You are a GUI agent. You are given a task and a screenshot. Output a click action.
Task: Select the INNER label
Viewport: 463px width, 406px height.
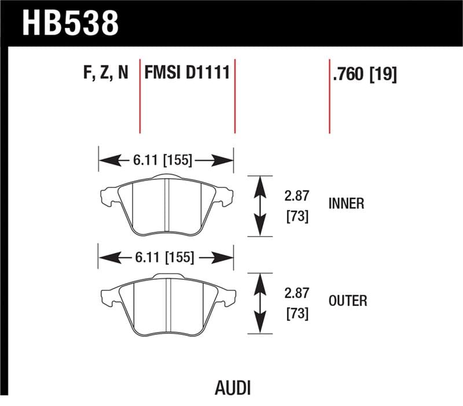(x=346, y=204)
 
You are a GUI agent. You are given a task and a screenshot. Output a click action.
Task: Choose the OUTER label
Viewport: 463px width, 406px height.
(x=347, y=301)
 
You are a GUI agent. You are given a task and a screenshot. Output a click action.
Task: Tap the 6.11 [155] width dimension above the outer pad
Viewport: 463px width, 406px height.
(x=164, y=257)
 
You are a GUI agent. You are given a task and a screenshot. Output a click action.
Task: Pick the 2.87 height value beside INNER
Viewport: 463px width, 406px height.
(x=296, y=197)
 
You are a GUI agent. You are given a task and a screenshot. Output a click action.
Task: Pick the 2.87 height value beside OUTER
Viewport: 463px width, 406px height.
(x=296, y=294)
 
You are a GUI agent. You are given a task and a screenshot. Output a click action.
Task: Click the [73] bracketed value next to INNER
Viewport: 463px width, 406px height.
(x=296, y=217)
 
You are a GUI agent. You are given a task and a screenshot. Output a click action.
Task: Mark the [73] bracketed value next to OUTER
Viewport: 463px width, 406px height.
(x=296, y=314)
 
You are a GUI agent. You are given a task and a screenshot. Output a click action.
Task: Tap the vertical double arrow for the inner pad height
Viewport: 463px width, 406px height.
(x=260, y=206)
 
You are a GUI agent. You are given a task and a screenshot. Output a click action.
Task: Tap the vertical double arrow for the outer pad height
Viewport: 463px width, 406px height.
(x=260, y=303)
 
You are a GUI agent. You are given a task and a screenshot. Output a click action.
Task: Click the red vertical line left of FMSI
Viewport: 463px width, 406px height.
(x=140, y=95)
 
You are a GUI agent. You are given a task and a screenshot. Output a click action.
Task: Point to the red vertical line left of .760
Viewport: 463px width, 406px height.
(x=329, y=95)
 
